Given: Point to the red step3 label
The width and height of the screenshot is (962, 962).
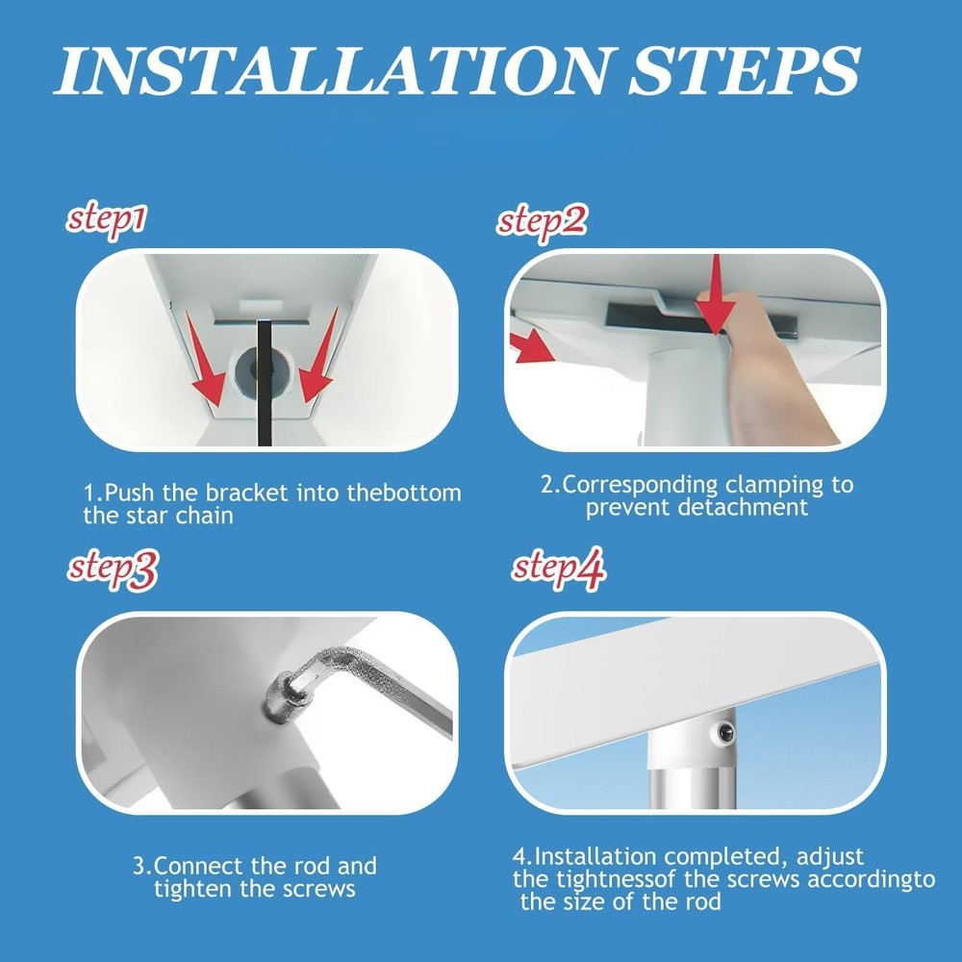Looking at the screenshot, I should (112, 570).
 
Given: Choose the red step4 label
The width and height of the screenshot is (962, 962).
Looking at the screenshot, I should (558, 570).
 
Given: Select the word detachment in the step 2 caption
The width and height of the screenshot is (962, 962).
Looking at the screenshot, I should (743, 507).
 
